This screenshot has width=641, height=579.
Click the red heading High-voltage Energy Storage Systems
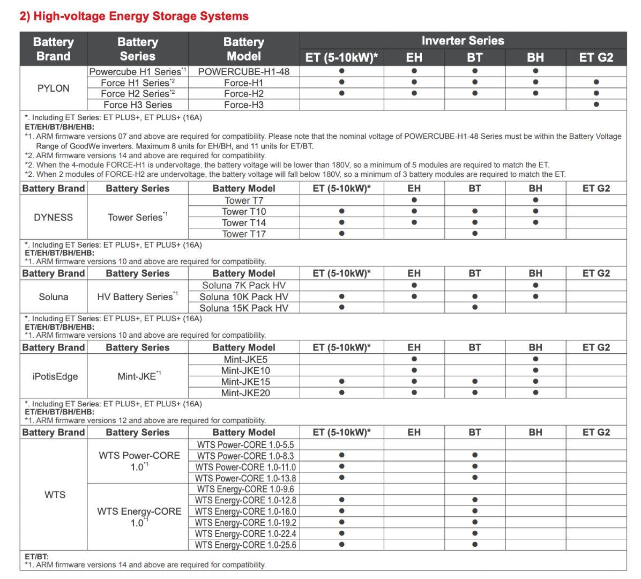pos(134,16)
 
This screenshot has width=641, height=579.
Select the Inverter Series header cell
pos(463,41)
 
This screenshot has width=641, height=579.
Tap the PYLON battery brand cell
pos(53,88)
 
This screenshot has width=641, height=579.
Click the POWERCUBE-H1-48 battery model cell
pos(244,71)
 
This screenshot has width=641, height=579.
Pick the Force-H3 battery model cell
pos(244,105)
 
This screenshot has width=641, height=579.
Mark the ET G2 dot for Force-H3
pos(596,105)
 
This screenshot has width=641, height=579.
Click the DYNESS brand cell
pos(53,217)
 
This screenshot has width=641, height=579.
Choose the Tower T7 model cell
pos(244,201)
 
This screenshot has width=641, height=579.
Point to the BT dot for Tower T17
pos(475,234)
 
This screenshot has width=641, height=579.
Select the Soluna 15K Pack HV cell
pos(244,308)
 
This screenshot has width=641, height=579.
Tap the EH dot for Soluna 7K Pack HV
pos(414,285)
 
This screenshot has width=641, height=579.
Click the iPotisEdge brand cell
pos(55,376)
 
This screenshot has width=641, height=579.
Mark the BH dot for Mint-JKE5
pos(535,359)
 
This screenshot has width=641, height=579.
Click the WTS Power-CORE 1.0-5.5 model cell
pos(245,444)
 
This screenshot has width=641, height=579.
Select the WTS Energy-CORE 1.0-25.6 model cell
pos(245,545)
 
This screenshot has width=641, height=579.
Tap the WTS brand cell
pos(55,495)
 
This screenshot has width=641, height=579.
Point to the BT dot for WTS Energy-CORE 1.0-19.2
pos(475,522)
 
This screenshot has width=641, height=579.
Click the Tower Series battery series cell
pos(137,217)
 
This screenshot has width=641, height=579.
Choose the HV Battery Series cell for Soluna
pos(137,297)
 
